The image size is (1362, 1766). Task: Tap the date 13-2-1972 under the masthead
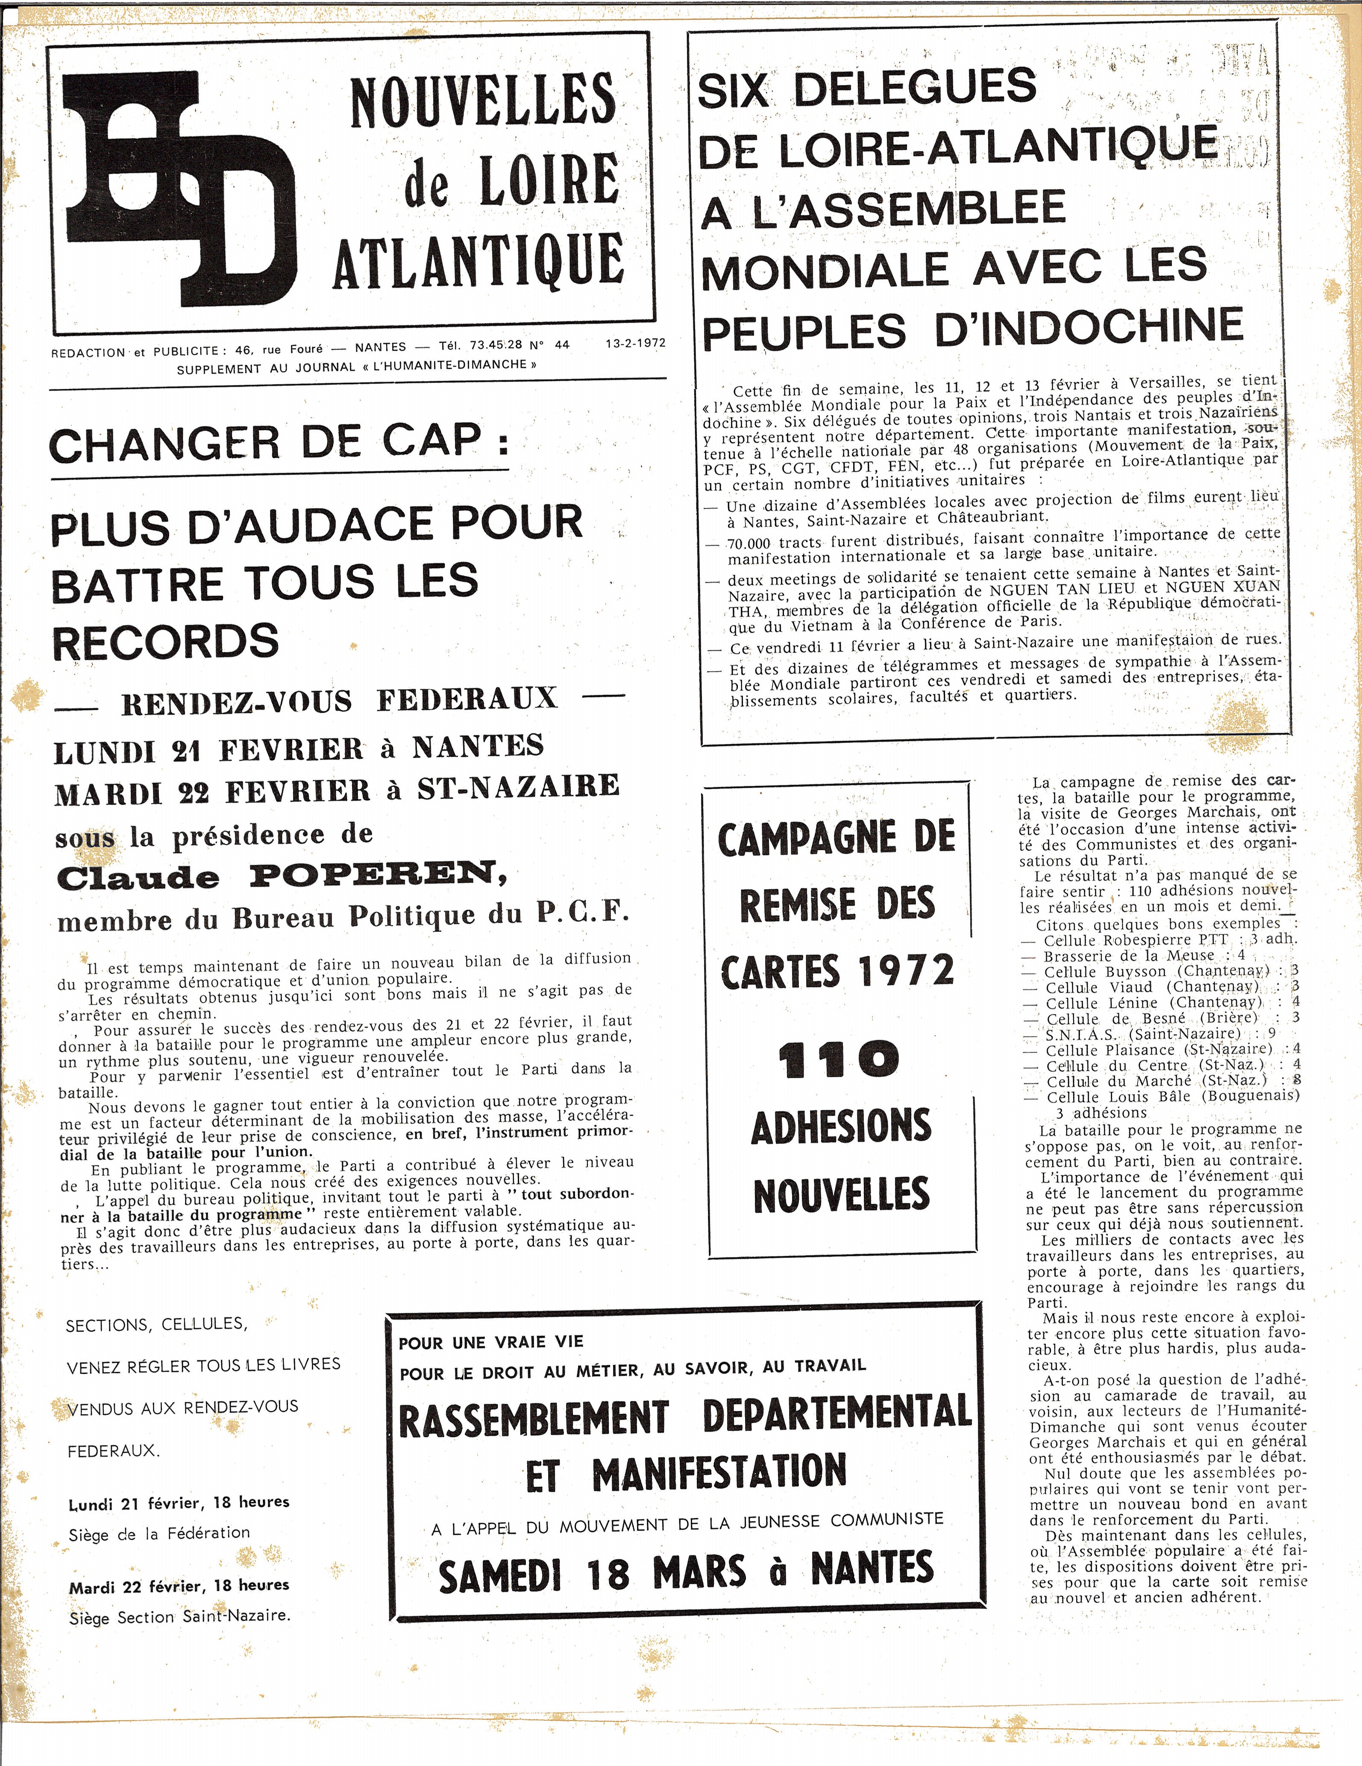point(635,343)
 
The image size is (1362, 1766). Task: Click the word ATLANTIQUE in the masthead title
point(478,260)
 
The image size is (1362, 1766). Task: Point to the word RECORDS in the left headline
point(166,641)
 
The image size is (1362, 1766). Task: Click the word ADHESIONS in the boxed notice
point(841,1126)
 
